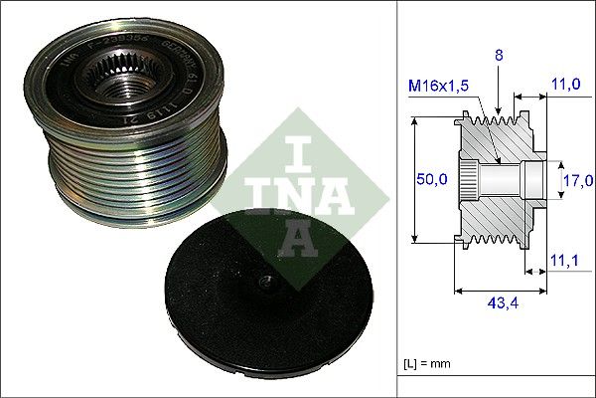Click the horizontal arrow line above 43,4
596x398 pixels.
tap(500, 290)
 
